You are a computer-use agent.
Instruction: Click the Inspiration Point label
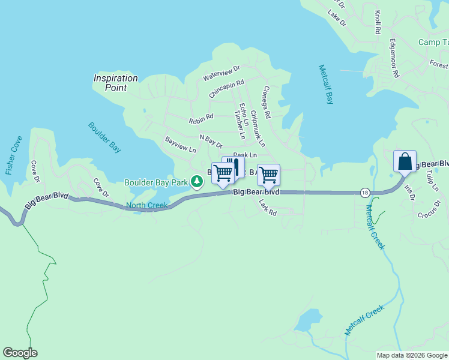(x=115, y=83)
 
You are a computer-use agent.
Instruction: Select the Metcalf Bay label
(x=325, y=85)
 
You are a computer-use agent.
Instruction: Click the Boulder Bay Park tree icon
(x=196, y=181)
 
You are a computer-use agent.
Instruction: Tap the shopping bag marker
(x=405, y=161)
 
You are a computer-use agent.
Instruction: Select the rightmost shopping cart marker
(x=268, y=175)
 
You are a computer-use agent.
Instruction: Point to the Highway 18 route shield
(x=365, y=193)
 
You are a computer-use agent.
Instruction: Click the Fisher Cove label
(x=14, y=155)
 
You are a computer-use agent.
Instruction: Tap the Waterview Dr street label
(x=221, y=74)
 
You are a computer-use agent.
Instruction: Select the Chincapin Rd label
(x=227, y=89)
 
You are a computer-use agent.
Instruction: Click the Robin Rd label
(x=201, y=120)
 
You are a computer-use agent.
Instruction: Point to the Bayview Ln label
(x=181, y=145)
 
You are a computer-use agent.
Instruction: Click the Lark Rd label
(x=267, y=208)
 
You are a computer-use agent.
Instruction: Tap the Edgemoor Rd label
(x=394, y=59)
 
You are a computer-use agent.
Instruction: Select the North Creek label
(x=146, y=206)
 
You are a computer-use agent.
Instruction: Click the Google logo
(x=20, y=353)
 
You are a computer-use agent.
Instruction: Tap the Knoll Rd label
(x=378, y=22)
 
